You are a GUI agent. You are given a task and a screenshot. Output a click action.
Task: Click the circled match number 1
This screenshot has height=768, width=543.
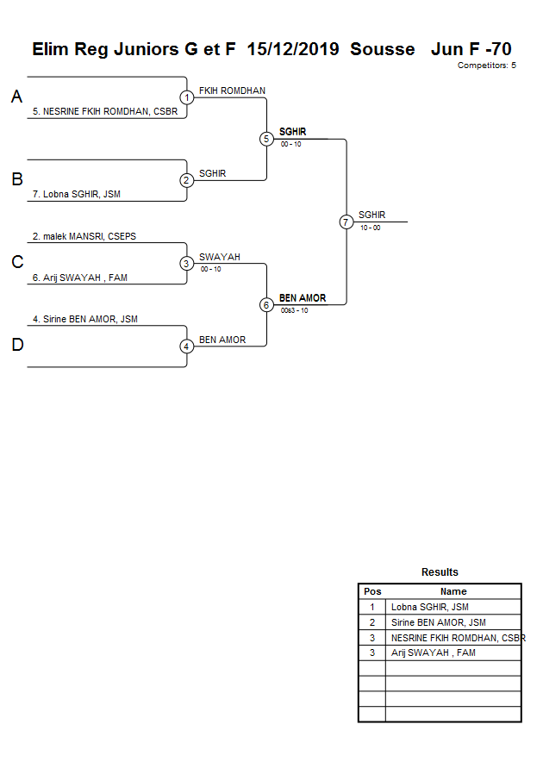tap(187, 97)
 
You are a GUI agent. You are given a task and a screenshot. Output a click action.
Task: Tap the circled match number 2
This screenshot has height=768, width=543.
tap(187, 180)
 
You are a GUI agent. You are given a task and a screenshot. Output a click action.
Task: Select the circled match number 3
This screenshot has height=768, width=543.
tap(187, 264)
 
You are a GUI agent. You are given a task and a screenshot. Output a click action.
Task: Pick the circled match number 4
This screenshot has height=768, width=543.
tap(187, 347)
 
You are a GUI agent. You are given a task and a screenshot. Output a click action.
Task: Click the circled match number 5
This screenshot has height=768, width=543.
tap(266, 139)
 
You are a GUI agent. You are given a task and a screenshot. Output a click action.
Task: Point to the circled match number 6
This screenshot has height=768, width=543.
tap(266, 305)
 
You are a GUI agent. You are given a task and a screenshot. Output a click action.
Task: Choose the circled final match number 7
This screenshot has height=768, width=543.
tap(346, 222)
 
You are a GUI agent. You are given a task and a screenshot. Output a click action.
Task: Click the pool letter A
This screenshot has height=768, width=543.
tap(16, 97)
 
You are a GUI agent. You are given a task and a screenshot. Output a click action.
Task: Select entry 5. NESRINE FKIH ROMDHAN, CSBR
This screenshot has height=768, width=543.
tap(104, 111)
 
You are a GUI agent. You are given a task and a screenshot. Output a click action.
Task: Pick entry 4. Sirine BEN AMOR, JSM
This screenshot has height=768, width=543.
tap(84, 319)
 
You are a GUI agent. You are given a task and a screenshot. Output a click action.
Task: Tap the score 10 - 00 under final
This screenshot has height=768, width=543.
tap(371, 228)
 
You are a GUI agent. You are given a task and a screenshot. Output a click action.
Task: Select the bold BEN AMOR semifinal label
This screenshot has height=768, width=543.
tap(303, 298)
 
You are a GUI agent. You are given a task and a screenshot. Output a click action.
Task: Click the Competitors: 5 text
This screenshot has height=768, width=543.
tap(487, 66)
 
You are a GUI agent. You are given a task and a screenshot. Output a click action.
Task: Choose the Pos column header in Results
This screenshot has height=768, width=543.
tap(372, 591)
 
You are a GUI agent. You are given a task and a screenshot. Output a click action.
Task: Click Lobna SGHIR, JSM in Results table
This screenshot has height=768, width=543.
tap(429, 607)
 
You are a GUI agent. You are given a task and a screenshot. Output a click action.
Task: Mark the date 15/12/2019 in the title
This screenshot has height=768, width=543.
tap(292, 49)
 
